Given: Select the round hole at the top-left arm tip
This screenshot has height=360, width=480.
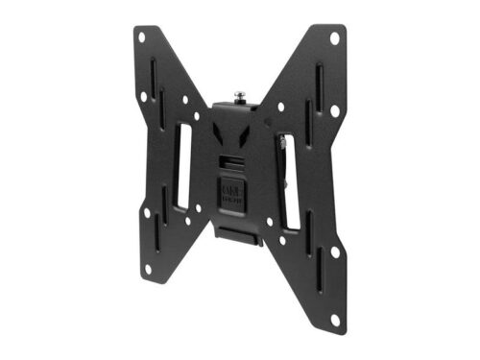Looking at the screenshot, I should [141, 37].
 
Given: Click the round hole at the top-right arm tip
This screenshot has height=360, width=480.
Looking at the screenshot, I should [334, 38].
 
